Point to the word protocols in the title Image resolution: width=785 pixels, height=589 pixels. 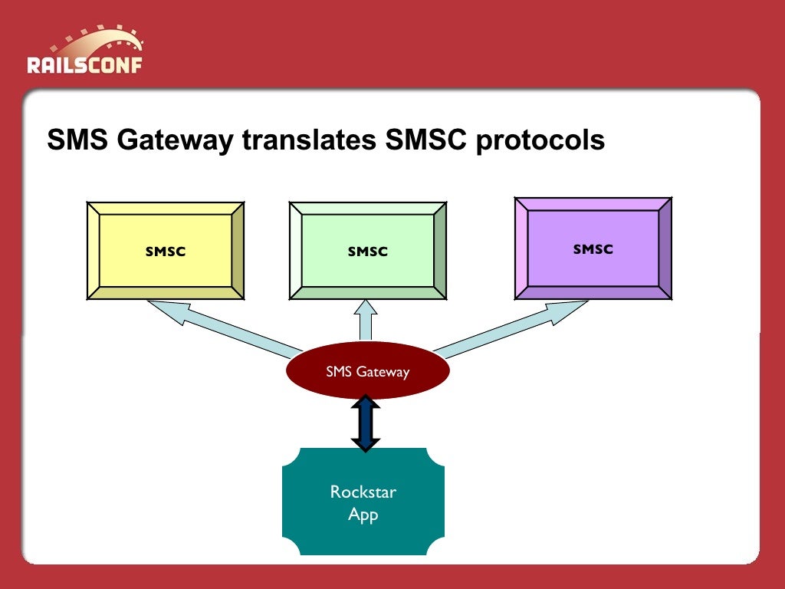(x=540, y=140)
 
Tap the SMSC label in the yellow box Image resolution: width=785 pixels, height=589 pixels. (x=166, y=252)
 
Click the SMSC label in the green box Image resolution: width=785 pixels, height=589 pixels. (x=367, y=252)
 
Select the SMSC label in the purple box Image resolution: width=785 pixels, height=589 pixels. (x=593, y=249)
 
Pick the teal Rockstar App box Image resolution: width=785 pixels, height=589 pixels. (x=363, y=529)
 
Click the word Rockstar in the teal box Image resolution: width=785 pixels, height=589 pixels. (x=363, y=492)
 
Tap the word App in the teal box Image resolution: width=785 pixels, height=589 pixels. (x=363, y=514)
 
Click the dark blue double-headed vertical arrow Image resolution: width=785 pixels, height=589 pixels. (x=366, y=423)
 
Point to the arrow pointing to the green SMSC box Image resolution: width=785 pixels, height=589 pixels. (x=366, y=321)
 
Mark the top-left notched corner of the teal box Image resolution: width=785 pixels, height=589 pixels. (x=288, y=454)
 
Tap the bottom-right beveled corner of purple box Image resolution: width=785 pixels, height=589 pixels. (x=665, y=293)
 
